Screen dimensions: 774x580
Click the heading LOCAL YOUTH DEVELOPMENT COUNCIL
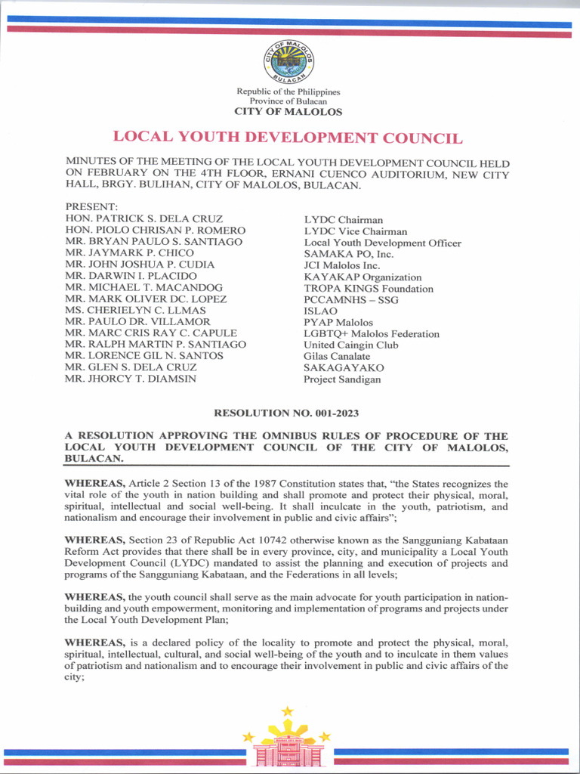pyautogui.click(x=288, y=138)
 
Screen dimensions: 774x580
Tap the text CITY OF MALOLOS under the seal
pyautogui.click(x=288, y=112)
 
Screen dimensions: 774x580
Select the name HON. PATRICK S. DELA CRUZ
pyautogui.click(x=143, y=219)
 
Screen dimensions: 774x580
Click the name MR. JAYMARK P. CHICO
pyautogui.click(x=130, y=253)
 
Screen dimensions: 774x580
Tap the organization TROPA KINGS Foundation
pyautogui.click(x=369, y=288)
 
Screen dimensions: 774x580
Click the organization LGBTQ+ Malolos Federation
pyautogui.click(x=371, y=333)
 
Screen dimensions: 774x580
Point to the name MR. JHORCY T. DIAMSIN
pyautogui.click(x=131, y=379)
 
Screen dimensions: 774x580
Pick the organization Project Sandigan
pyautogui.click(x=342, y=379)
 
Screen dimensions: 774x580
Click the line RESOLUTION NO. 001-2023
pyautogui.click(x=287, y=413)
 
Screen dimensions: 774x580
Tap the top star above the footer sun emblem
pyautogui.click(x=287, y=711)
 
